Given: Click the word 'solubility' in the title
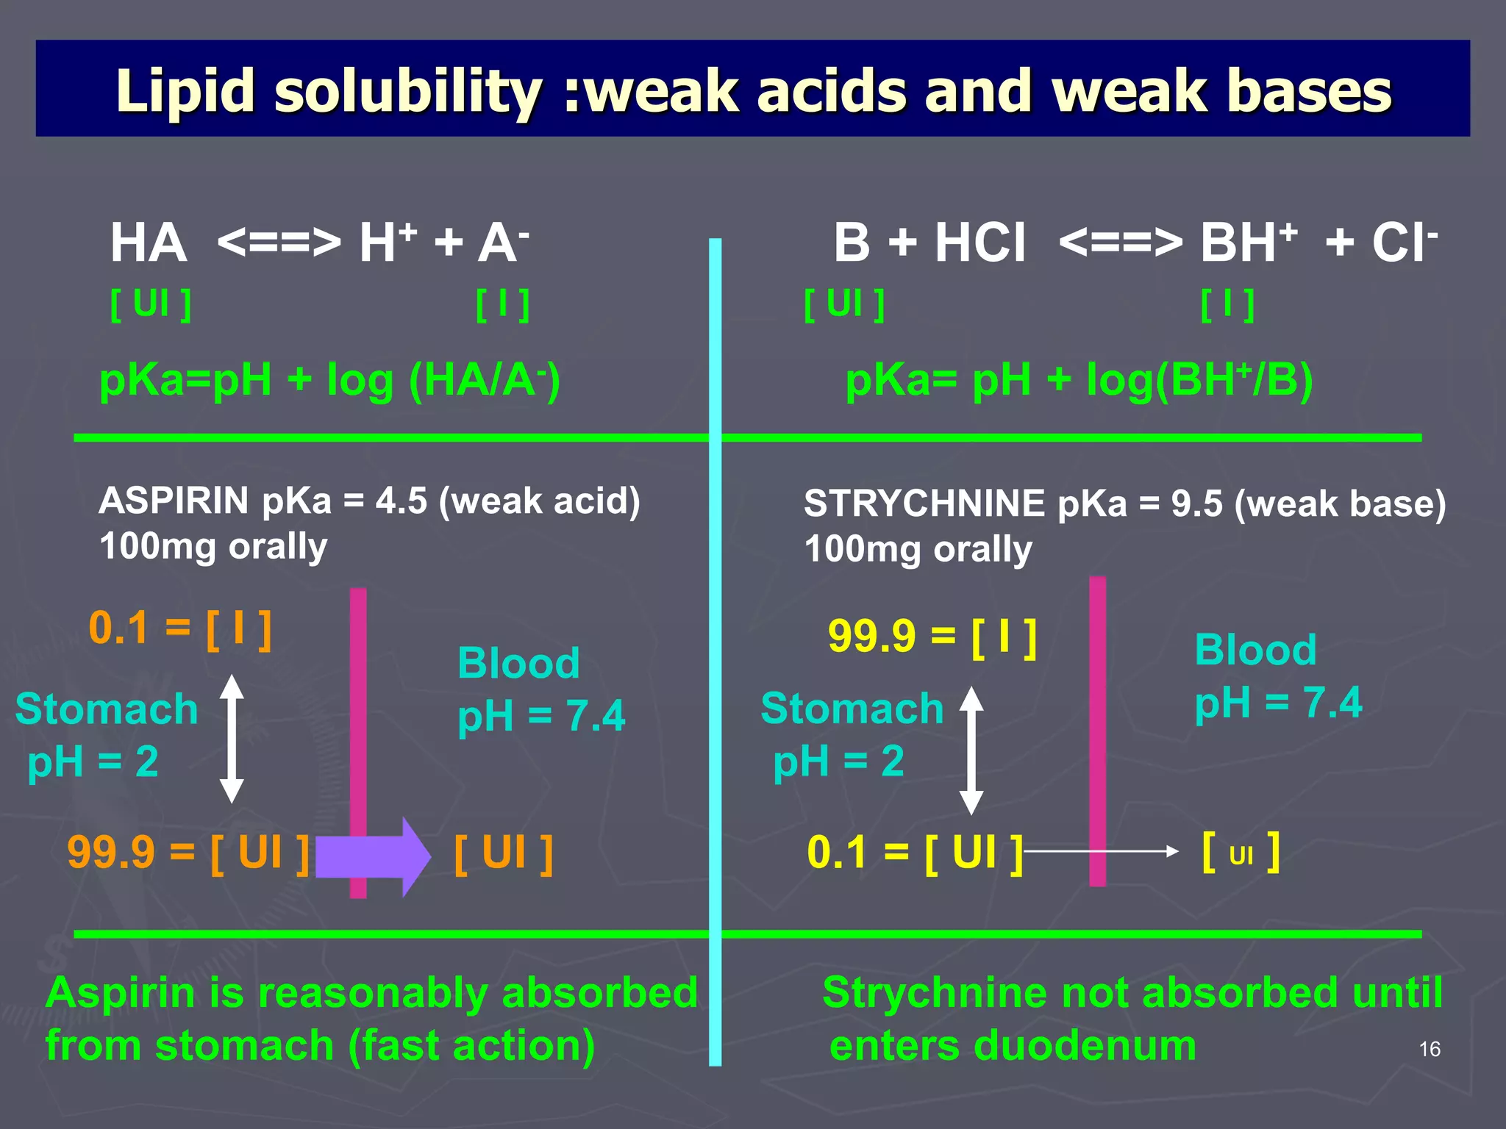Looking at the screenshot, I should pos(408,92).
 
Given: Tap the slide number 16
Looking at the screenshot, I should pos(1430,1049).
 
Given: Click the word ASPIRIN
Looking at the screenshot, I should pos(174,501).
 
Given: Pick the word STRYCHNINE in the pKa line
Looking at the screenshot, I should pos(924,504).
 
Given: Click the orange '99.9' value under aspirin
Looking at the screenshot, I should pos(111,853).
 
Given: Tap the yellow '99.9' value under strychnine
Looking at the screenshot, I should pos(872,637).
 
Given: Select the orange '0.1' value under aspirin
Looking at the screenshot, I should pos(118,629).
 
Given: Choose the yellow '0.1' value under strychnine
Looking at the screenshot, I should pos(837,853).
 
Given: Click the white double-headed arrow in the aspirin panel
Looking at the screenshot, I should pos(232,739).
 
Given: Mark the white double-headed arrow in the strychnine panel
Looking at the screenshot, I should pos(971,750).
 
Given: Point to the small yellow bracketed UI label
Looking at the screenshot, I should pos(1241,853).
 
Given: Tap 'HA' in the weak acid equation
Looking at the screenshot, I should pos(148,243).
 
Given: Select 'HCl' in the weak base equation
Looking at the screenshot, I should pos(979,243).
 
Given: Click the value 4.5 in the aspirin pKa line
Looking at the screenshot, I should pos(401,501).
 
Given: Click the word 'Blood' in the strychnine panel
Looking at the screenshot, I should pos(1255,650).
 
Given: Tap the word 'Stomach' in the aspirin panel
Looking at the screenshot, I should pos(107,709).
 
